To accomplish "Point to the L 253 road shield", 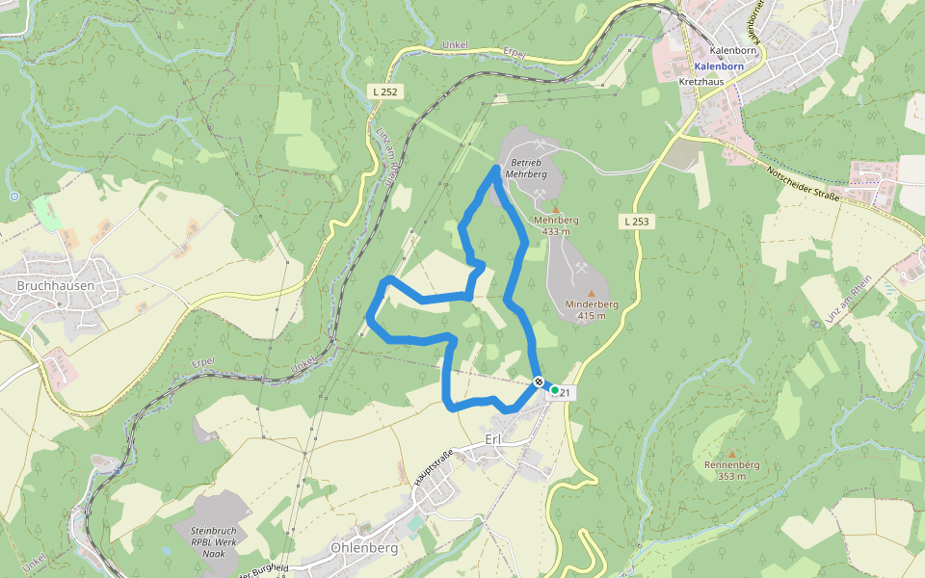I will point(636,222).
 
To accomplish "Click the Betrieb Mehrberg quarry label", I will point(528,169).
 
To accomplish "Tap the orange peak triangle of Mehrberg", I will point(555,207).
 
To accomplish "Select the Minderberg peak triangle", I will point(591,292).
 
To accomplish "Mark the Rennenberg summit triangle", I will point(732,454).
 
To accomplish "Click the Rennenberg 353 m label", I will point(732,470).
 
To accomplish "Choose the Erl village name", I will point(493,440).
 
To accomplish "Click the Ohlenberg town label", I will point(364,548).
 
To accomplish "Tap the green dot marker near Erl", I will point(555,390).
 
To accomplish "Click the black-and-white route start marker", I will point(539,382).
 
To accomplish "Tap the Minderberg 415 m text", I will point(592,309).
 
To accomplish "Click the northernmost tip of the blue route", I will point(496,169).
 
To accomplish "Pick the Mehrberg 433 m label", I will point(556,225).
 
